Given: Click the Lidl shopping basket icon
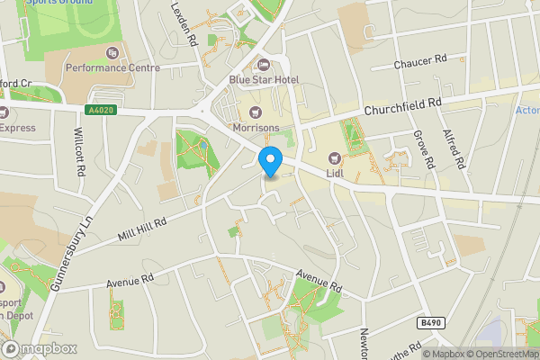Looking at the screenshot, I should [335, 158].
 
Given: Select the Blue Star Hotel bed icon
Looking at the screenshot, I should [264, 64].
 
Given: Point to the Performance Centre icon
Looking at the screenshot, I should [112, 53].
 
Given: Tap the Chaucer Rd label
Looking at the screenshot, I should [420, 63].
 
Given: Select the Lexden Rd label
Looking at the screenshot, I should [184, 24].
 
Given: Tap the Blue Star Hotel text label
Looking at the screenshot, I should [264, 79].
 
